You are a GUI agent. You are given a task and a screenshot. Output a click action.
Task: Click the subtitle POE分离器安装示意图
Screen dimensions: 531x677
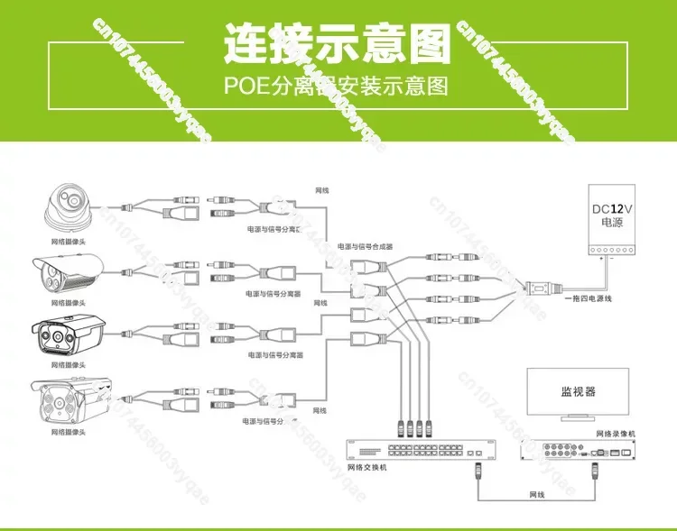[x=337, y=88]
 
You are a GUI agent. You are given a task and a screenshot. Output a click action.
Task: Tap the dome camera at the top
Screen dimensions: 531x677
[x=67, y=208]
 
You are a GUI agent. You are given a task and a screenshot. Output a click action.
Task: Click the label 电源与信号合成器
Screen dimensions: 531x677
[x=364, y=245]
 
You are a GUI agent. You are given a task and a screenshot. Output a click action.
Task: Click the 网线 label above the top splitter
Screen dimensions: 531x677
[x=321, y=190]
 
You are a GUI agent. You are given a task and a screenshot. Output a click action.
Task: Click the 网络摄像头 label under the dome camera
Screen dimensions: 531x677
[x=68, y=242]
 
